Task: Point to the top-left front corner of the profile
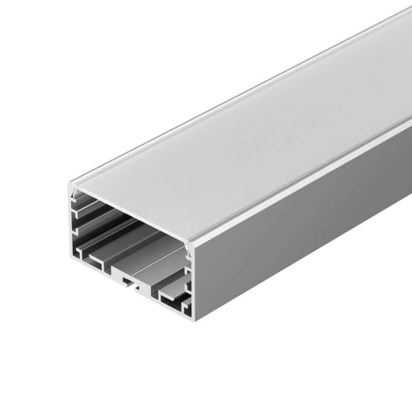[x=71, y=181]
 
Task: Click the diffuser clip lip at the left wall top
[x=77, y=194]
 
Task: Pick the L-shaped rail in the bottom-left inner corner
[x=82, y=252]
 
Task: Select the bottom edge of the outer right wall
[x=309, y=268]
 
